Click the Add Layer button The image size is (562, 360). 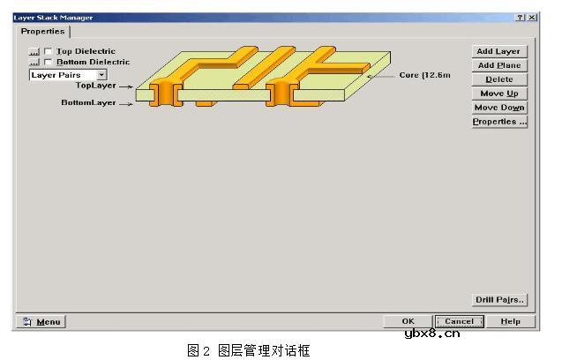point(499,51)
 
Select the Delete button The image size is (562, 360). point(499,79)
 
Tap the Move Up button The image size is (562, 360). point(499,94)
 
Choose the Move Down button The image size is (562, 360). point(499,108)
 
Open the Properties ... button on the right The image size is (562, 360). point(499,122)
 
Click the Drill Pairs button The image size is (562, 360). point(499,300)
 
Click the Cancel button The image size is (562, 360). point(459,321)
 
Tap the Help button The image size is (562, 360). point(510,321)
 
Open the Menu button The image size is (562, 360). point(41,322)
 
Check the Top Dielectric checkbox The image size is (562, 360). point(48,51)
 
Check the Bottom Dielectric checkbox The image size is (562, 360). point(48,62)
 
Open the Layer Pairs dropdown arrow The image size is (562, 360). point(101,75)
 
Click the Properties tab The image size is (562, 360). point(42,31)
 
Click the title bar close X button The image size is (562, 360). point(532,18)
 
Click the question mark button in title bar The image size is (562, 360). point(520,18)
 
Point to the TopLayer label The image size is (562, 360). point(95,86)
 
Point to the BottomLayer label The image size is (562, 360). point(88,102)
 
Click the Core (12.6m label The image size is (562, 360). point(424,75)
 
